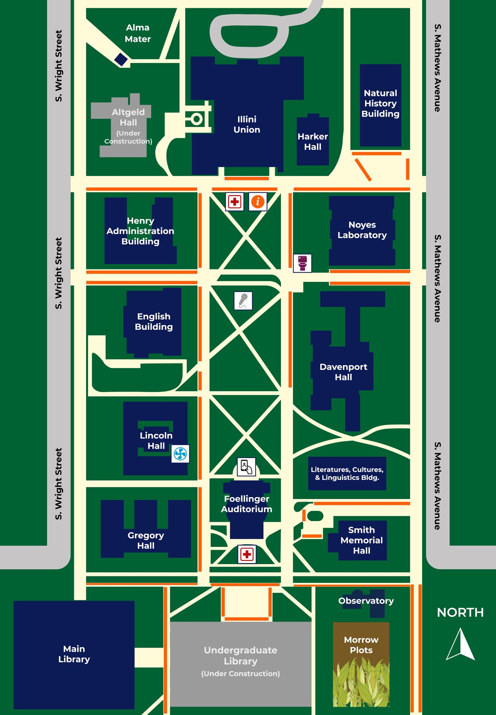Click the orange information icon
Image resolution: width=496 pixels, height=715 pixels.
coord(258,202)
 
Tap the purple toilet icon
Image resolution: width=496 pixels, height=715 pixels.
coord(302,263)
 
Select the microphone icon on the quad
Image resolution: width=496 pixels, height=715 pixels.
coord(243,301)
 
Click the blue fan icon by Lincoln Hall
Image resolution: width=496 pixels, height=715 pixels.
coord(180,454)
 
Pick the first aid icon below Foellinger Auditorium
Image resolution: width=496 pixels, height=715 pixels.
coord(247,554)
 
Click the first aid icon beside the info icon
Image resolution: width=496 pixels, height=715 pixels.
coord(234,202)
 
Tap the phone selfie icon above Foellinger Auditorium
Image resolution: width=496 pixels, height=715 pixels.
coord(246,466)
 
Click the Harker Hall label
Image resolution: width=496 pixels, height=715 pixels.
coord(313,142)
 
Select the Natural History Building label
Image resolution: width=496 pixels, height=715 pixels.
coord(380,103)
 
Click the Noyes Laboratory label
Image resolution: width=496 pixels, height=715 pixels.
coord(362,230)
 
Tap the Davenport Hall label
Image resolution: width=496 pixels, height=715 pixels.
coord(343,372)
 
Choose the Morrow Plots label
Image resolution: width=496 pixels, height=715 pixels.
coord(361,645)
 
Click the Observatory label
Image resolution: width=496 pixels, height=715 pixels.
coord(366,600)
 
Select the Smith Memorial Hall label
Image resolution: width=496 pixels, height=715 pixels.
coord(361,540)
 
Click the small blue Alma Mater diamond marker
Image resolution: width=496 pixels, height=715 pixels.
coord(121,59)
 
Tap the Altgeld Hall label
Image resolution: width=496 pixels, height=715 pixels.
coord(128,117)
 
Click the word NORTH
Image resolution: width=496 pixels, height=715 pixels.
coord(460,612)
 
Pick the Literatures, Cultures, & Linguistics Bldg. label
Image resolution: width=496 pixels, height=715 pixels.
coord(347,473)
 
